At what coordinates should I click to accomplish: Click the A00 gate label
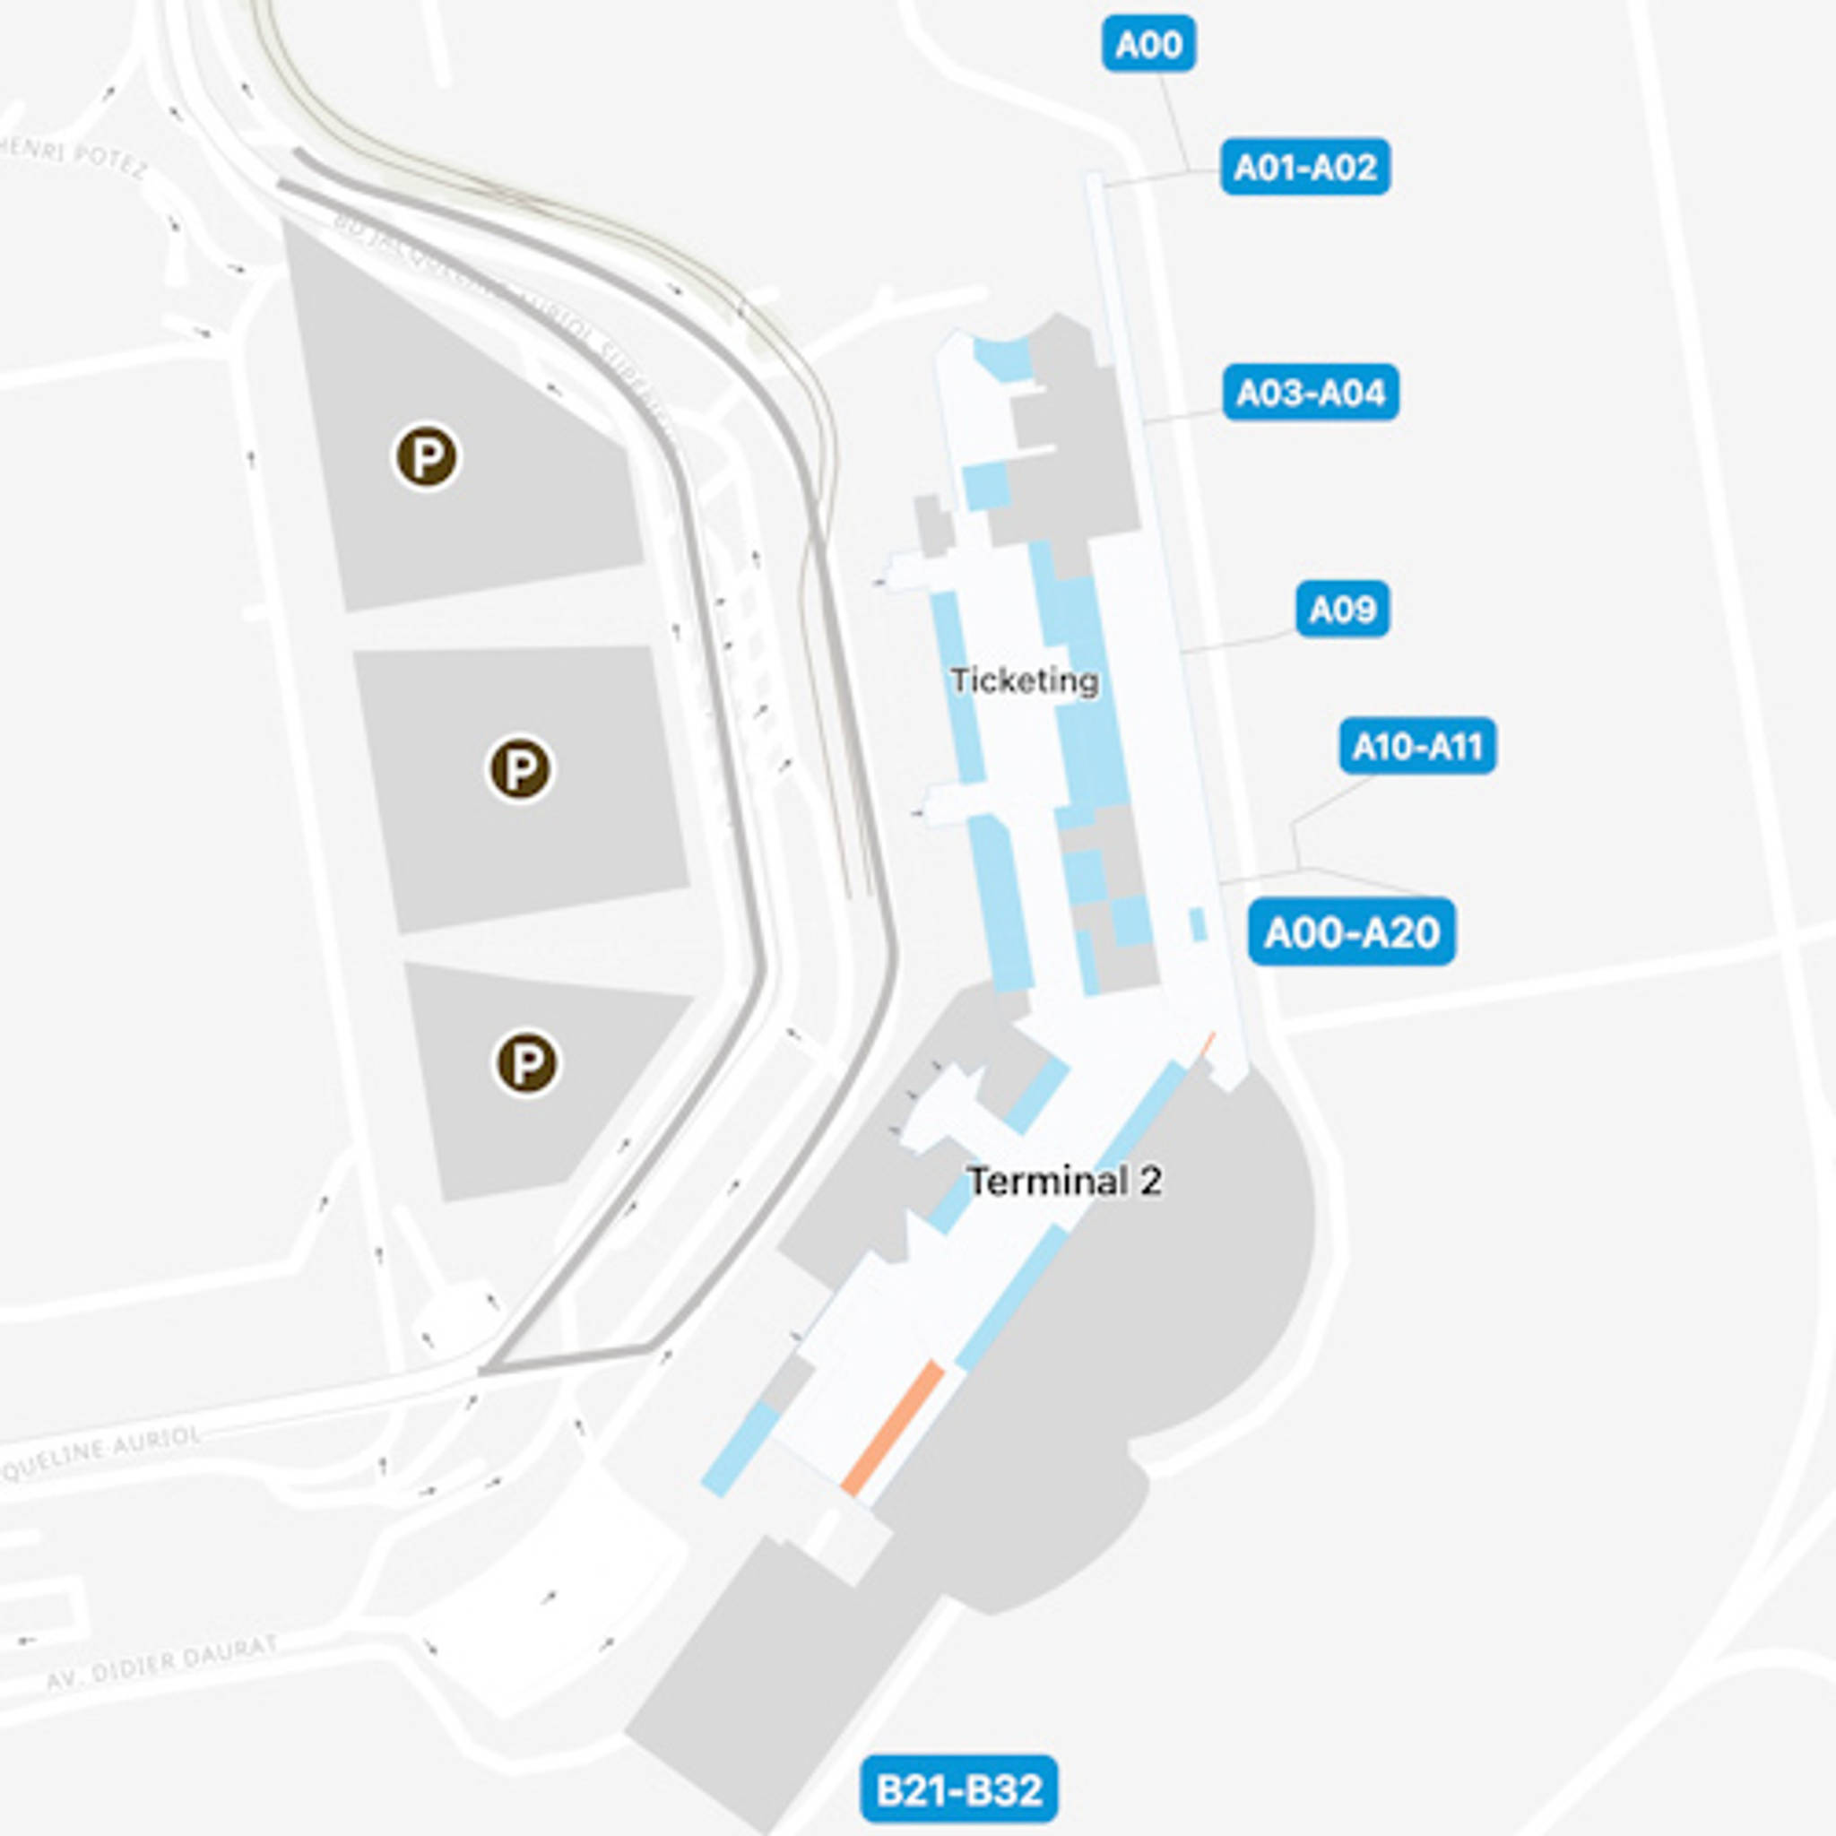click(x=1148, y=45)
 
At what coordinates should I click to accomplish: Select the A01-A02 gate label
click(x=1304, y=168)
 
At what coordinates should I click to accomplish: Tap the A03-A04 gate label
click(x=1310, y=393)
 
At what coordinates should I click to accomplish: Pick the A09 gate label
click(x=1342, y=609)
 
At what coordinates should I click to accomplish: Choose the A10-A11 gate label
click(x=1417, y=746)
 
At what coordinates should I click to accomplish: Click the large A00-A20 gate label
click(x=1350, y=932)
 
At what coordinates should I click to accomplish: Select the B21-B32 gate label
click(x=958, y=1790)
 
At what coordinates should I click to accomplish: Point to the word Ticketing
click(x=1025, y=680)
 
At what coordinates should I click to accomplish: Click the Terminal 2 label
click(x=1063, y=1182)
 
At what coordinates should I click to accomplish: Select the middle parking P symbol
click(x=519, y=769)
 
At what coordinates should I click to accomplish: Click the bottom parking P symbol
click(x=525, y=1062)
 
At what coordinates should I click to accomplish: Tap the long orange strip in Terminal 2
click(x=893, y=1428)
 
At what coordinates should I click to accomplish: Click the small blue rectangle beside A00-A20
click(x=1198, y=924)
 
